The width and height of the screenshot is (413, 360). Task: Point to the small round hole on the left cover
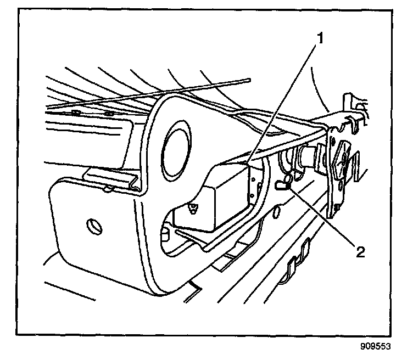[93, 224]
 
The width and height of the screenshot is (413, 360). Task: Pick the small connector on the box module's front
[192, 208]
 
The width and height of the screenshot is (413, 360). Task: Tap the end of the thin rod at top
[248, 80]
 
